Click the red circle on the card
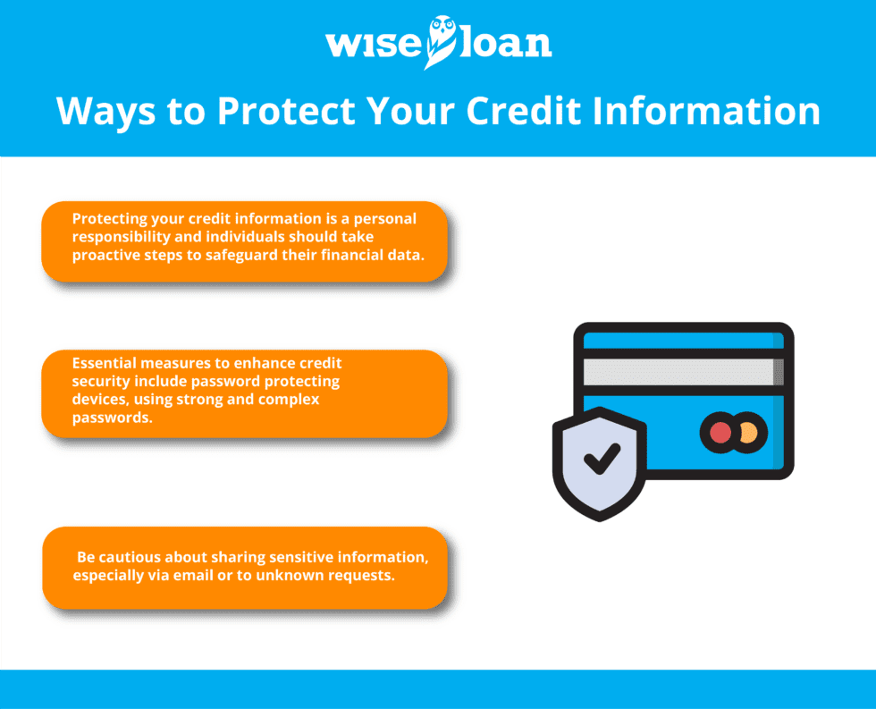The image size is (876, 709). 720,433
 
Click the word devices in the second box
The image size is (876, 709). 100,399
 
